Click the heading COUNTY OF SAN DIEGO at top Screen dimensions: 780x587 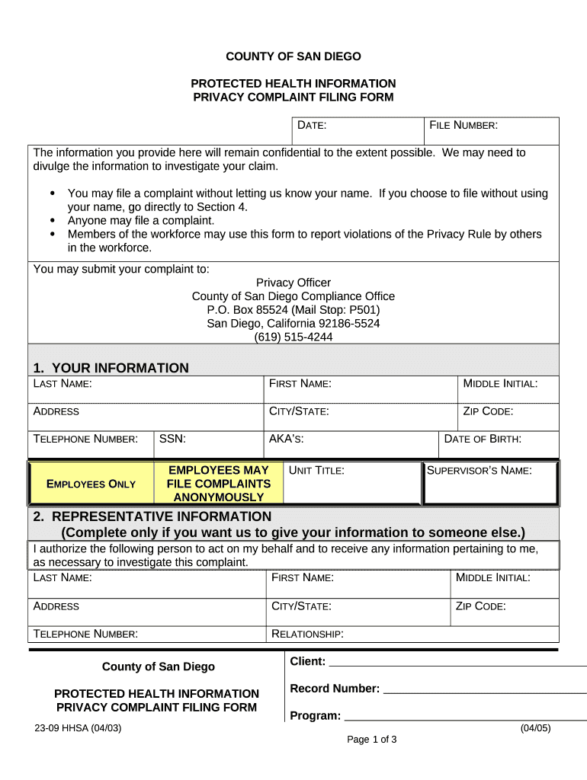(x=293, y=56)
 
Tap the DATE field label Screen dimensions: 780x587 (x=312, y=125)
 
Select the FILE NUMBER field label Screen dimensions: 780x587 (x=464, y=125)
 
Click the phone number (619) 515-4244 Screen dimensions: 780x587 (x=293, y=337)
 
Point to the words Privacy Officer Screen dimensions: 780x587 (x=293, y=283)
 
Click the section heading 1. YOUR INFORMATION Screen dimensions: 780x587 (x=111, y=368)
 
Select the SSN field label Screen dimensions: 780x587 (x=172, y=439)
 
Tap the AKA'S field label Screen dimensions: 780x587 (x=286, y=439)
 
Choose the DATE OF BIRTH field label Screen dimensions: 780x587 (x=483, y=439)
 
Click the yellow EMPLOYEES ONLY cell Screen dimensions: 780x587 (x=91, y=484)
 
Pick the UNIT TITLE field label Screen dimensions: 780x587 (x=316, y=471)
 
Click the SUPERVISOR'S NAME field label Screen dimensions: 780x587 (x=479, y=471)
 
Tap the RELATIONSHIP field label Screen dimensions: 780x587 (x=307, y=634)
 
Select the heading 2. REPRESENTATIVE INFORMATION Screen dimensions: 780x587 (x=152, y=517)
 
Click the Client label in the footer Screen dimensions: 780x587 (x=307, y=661)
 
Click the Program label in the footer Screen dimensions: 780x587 (x=315, y=716)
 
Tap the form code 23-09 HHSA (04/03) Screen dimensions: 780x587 (x=78, y=728)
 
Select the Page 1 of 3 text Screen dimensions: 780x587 (x=372, y=740)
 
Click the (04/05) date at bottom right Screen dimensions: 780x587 (x=535, y=728)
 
